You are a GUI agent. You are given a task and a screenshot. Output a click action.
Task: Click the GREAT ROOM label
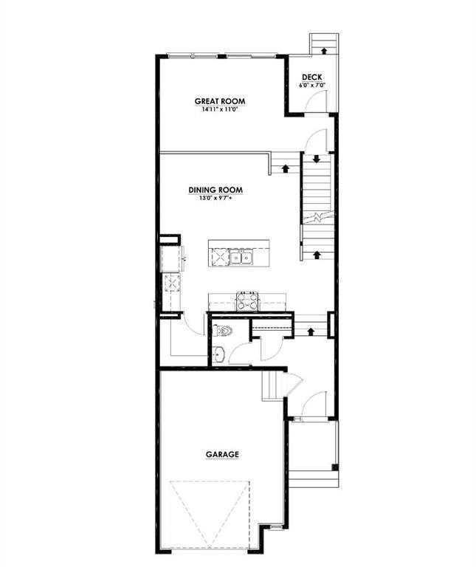[219, 101]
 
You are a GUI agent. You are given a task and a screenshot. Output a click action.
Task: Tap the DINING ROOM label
[215, 190]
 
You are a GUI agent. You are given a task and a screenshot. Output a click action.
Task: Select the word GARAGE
[222, 455]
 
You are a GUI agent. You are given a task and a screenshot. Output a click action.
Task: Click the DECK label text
[311, 78]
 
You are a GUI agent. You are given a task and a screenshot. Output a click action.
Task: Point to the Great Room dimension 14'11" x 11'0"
[219, 109]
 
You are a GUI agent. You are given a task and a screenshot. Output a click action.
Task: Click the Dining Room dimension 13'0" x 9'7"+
[215, 198]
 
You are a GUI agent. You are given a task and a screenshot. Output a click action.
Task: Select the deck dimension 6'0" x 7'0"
[311, 86]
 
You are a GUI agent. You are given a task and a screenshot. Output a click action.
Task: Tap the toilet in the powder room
[224, 331]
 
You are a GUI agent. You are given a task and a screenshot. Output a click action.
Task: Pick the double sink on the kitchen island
[241, 257]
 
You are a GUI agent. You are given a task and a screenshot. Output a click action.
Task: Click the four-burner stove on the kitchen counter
[246, 300]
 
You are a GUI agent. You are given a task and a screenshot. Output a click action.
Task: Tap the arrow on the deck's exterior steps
[322, 50]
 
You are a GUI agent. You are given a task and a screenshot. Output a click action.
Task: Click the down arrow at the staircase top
[316, 159]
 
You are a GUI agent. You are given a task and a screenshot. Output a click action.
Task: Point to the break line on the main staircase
[316, 217]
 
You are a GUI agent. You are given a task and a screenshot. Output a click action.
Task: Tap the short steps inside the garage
[272, 385]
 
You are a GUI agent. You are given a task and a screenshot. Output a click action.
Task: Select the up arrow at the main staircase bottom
[317, 254]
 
